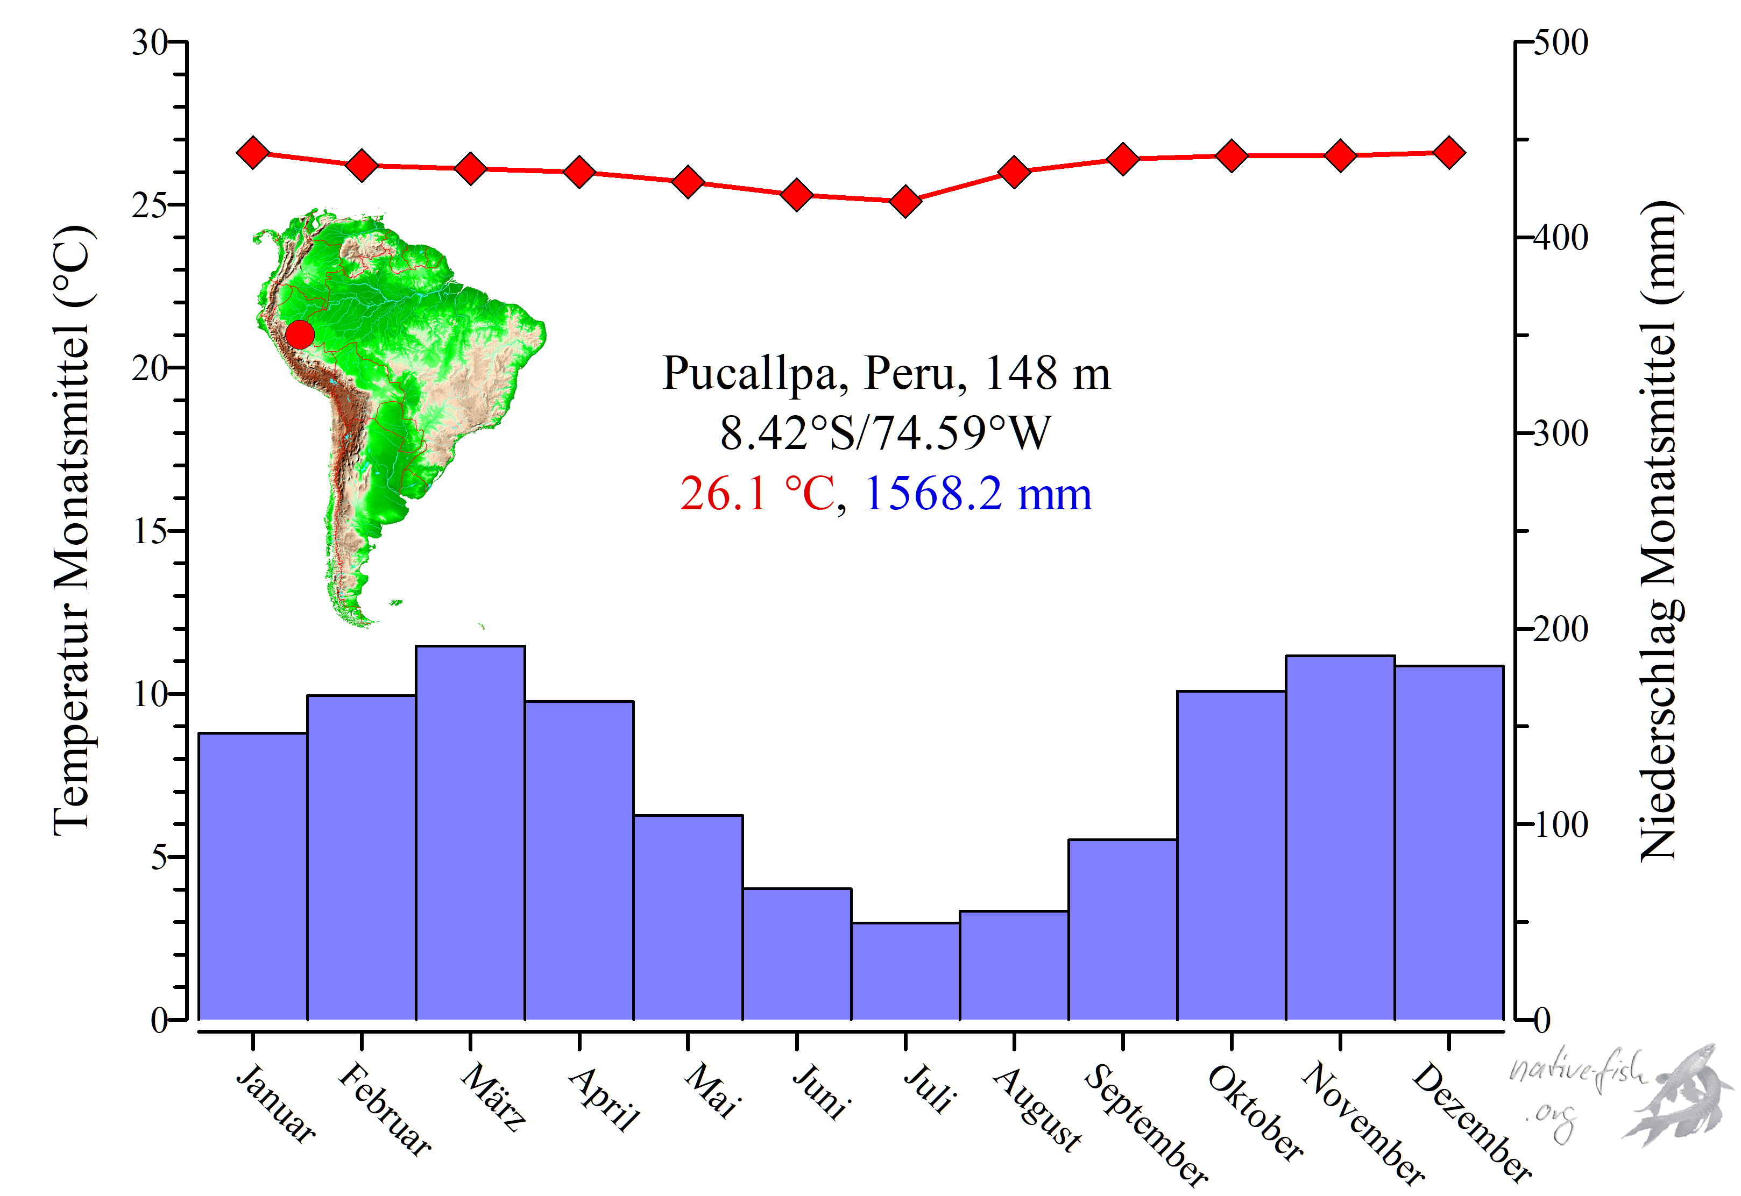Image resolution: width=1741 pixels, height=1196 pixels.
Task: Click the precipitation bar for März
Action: pyautogui.click(x=470, y=832)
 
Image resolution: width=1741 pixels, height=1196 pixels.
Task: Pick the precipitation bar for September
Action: pyautogui.click(x=1122, y=929)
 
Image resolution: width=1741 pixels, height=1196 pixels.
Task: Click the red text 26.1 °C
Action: pyautogui.click(x=758, y=494)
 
